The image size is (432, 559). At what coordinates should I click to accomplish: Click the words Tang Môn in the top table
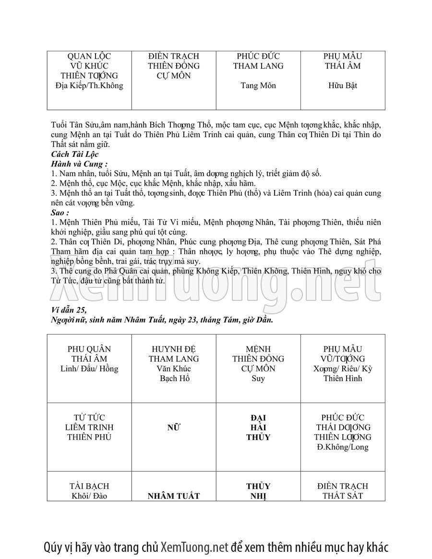point(258,86)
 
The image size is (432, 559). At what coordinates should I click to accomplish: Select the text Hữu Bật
point(343,86)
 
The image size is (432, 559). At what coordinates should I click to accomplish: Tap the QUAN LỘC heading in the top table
point(89,56)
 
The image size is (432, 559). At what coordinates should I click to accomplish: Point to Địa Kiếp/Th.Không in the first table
point(89,86)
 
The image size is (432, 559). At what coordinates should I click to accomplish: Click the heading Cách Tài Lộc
point(74,154)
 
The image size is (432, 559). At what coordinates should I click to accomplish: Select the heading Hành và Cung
point(79,164)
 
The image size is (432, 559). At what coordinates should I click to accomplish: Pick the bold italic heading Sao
point(60,212)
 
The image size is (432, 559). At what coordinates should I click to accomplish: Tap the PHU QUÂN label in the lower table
point(89,349)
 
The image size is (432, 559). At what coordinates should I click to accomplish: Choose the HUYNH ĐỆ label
point(174,349)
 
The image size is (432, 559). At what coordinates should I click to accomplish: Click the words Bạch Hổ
point(174,379)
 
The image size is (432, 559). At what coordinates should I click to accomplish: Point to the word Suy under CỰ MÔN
point(258,379)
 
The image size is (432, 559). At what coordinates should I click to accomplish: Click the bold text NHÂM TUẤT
point(174,496)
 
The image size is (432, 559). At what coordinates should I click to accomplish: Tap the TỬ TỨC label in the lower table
point(89,417)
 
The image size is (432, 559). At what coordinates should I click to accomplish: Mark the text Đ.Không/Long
point(343,447)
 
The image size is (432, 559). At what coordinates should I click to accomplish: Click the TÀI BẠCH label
point(89,486)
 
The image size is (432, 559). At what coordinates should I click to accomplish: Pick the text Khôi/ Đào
point(89,496)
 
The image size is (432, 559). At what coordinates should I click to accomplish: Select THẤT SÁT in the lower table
point(343,496)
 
